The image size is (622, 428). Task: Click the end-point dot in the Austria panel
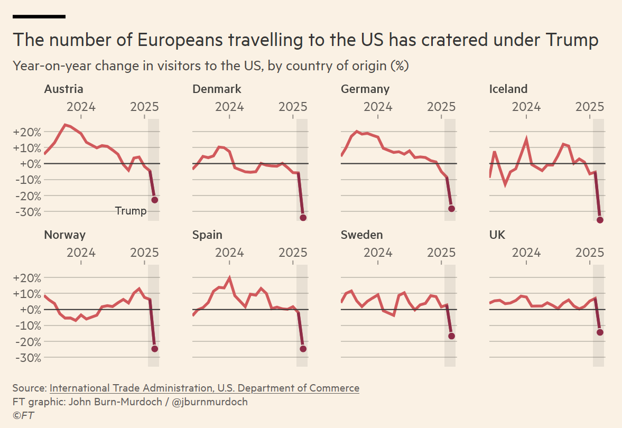154,200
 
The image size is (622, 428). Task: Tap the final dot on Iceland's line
600,220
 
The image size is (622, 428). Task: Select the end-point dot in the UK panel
600,332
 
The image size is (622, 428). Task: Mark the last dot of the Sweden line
451,336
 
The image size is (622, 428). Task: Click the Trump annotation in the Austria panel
131,211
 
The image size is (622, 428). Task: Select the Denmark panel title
217,89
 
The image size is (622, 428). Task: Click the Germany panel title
365,89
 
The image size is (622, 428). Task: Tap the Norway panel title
64,235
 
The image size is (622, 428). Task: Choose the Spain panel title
207,235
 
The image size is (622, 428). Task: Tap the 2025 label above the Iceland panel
589,107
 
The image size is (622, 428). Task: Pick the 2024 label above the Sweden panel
378,252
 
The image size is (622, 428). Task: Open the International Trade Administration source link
204,388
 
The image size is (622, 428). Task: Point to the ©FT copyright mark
23,415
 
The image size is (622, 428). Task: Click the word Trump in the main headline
571,40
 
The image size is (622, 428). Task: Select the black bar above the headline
39,16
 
